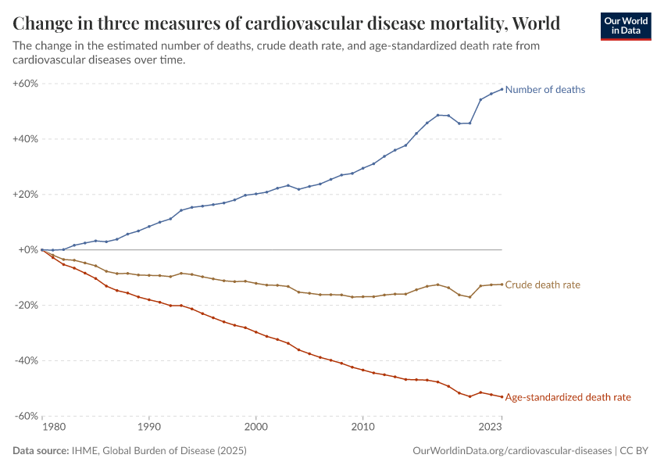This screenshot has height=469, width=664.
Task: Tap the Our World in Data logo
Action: [x=625, y=26]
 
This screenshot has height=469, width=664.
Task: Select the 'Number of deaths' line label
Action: [x=544, y=90]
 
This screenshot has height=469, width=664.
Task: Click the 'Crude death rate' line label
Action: [x=542, y=285]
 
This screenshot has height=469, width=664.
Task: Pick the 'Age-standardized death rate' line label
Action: [x=568, y=398]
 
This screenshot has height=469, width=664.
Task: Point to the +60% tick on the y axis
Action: [x=26, y=84]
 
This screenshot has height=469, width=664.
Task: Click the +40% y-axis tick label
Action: [x=26, y=139]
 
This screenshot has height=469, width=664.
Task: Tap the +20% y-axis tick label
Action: [x=26, y=195]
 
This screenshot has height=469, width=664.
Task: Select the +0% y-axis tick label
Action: [x=28, y=250]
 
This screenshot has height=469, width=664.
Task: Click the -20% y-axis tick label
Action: [x=27, y=306]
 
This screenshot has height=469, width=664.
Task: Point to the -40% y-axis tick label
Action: [x=27, y=361]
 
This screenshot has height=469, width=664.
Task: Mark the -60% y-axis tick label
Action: [x=27, y=417]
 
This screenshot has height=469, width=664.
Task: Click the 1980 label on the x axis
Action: [x=53, y=428]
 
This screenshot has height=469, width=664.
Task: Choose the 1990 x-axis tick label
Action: [x=149, y=428]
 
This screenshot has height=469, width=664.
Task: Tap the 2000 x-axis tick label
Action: [x=255, y=428]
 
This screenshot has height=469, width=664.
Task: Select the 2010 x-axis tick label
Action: [x=362, y=428]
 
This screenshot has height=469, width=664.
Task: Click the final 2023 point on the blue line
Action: [x=502, y=88]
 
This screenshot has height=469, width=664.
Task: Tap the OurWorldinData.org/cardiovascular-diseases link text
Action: [x=511, y=451]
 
